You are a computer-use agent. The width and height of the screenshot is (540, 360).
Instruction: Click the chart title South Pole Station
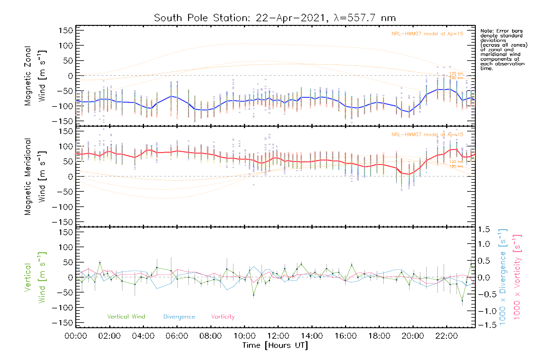pos(274,18)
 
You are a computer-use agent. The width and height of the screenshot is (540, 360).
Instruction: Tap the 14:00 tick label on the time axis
pos(312,336)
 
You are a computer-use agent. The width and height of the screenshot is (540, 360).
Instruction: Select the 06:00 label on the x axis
pos(177,336)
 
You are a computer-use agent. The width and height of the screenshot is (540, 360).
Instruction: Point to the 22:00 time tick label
pos(447,336)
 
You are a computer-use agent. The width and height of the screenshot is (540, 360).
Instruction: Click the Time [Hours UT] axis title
pos(275,345)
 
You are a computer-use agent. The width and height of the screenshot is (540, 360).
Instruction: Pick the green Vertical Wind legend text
pos(126,317)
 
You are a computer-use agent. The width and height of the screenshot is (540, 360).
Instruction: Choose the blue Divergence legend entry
pos(179,317)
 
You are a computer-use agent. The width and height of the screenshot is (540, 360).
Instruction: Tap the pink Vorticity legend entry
pos(223,317)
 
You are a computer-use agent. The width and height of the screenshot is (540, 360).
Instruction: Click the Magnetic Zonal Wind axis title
pos(35,76)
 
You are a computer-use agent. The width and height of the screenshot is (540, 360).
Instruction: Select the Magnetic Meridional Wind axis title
pos(35,176)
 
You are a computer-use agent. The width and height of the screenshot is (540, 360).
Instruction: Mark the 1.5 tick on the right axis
pos(484,229)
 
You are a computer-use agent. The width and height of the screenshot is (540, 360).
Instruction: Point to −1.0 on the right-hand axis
pos(483,311)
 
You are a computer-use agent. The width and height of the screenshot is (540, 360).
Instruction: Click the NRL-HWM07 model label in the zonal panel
pos(427,34)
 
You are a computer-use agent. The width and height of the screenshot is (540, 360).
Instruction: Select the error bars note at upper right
pos(503,49)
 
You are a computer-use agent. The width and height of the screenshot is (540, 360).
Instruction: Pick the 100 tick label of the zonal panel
pos(66,46)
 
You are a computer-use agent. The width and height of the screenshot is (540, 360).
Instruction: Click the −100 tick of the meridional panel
pos(63,207)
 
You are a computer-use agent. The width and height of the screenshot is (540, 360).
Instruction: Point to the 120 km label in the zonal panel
pos(456,73)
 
